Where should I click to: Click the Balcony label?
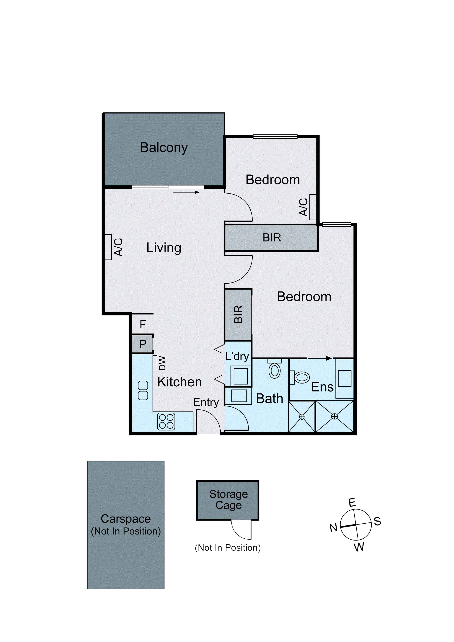164,148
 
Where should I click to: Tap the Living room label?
164,248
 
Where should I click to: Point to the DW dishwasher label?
162,363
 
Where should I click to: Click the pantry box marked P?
143,344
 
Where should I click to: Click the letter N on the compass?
334,528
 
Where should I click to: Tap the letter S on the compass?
377,521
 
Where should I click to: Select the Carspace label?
126,519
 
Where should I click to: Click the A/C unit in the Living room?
108,247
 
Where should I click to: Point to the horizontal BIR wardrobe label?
272,238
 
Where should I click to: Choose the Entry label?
206,402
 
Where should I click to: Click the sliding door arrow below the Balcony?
186,192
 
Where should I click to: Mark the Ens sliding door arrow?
320,358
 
